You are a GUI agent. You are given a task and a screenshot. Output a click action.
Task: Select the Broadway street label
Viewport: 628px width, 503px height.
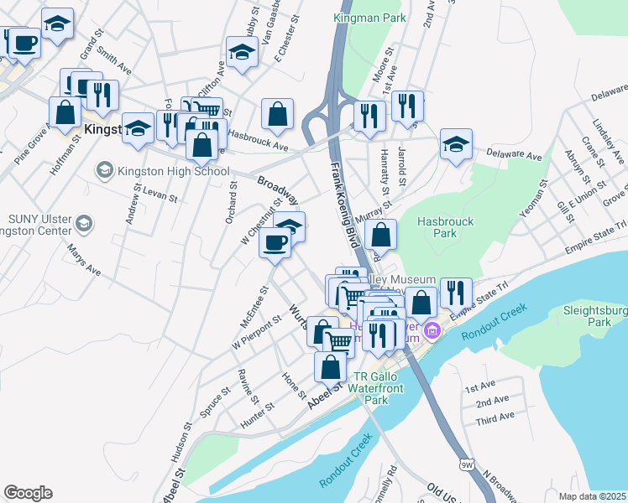(x=277, y=190)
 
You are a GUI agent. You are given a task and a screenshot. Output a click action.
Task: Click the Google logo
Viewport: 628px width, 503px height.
(x=28, y=493)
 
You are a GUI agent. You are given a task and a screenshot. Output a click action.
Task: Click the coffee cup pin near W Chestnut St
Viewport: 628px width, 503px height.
(x=275, y=243)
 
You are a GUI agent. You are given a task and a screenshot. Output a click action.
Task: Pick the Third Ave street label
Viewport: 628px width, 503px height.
(x=495, y=417)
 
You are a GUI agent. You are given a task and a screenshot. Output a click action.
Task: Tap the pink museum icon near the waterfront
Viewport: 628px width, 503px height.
(x=432, y=331)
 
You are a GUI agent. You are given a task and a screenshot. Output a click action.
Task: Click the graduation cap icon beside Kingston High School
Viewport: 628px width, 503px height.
(x=104, y=172)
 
